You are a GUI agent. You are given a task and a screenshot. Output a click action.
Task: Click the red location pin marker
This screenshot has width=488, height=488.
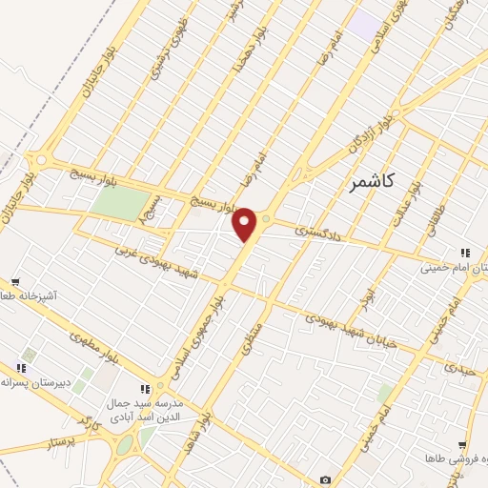[245, 224]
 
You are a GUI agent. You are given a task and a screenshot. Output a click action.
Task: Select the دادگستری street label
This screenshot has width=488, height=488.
[315, 230]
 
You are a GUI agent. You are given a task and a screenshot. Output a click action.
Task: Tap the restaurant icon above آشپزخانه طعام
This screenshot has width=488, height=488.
[16, 282]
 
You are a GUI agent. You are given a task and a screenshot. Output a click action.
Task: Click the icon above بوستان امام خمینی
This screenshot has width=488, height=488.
[465, 253]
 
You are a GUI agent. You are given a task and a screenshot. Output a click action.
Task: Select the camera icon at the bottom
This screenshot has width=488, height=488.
[326, 479]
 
